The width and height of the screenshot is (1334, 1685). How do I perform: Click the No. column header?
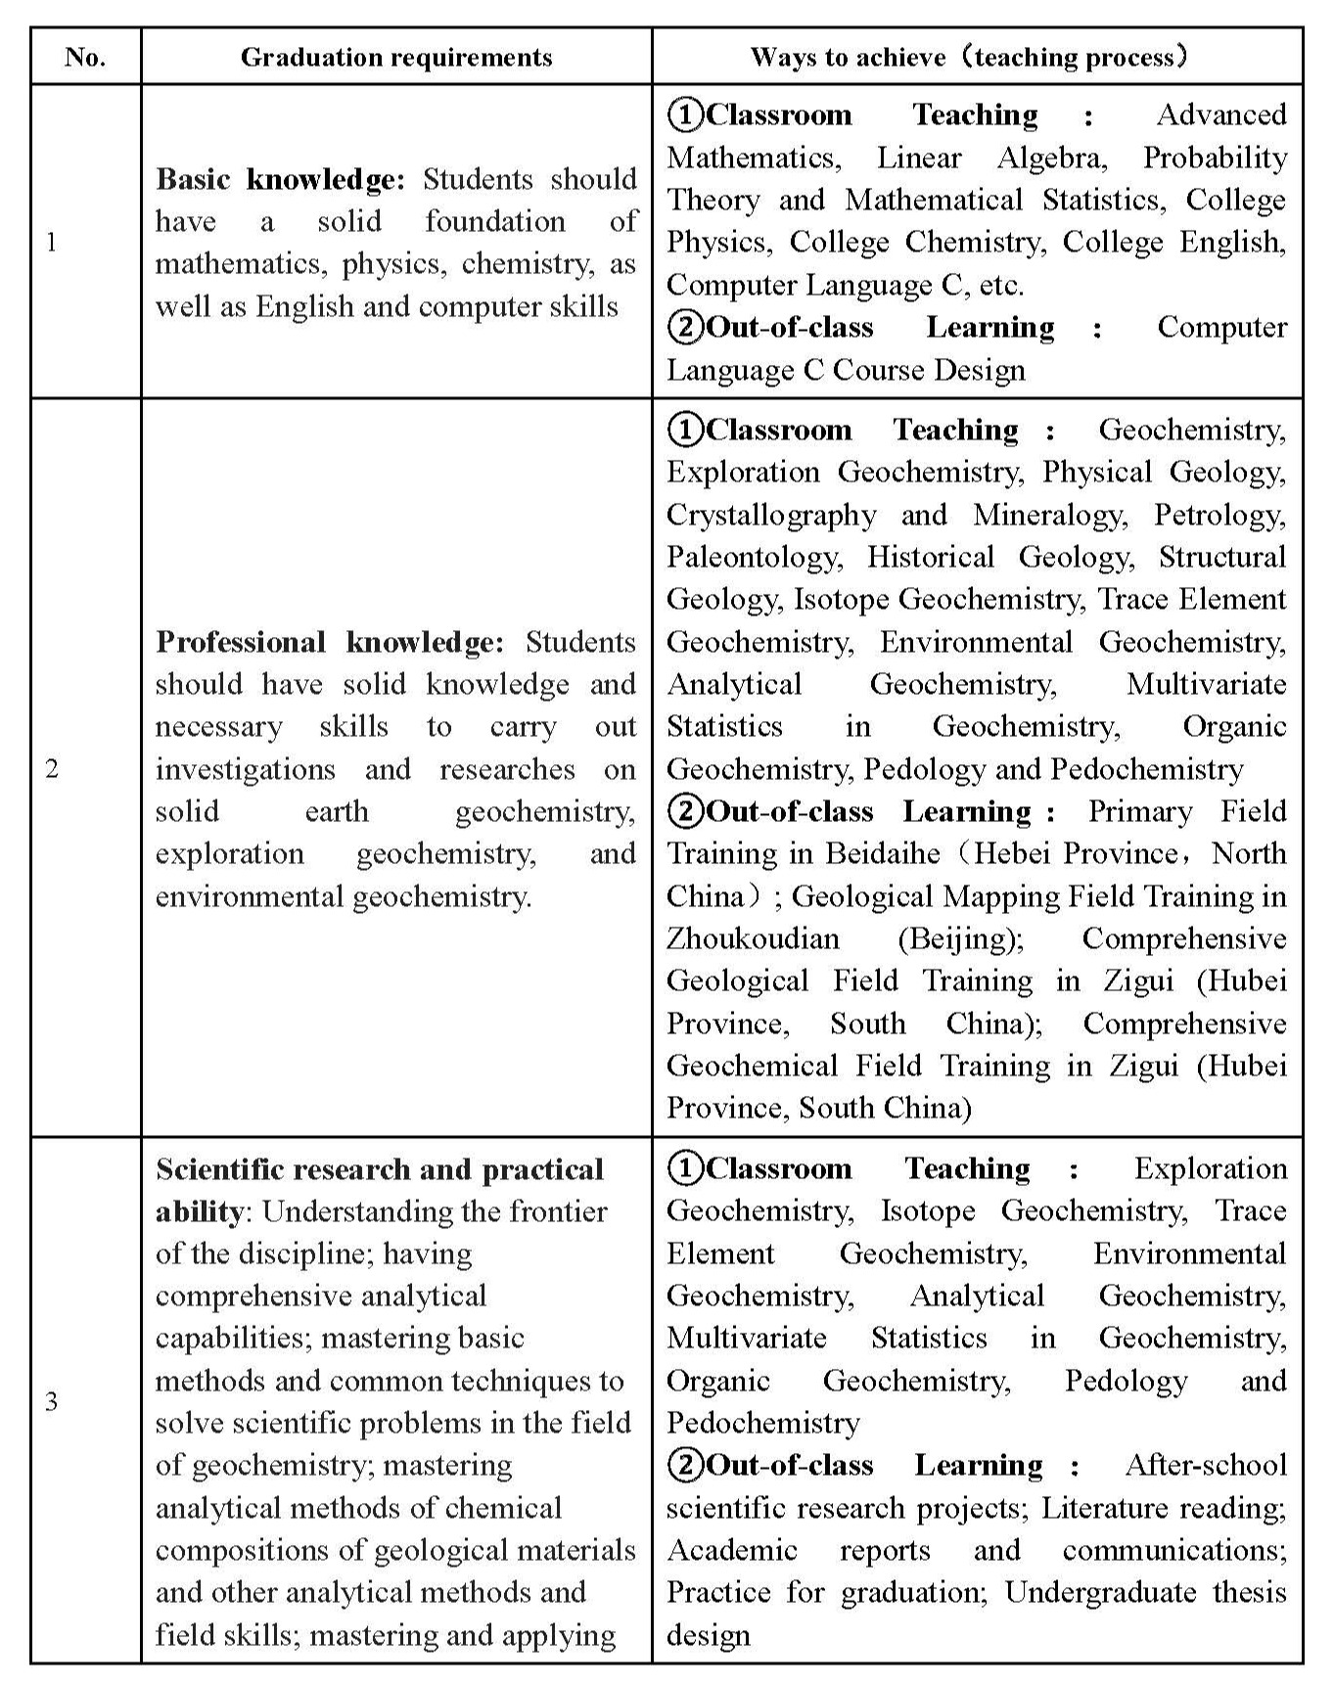85,57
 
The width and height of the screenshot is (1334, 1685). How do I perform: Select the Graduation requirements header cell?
396,57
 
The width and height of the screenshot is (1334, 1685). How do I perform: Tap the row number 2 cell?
52,768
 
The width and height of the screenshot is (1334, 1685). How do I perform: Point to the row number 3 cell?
52,1401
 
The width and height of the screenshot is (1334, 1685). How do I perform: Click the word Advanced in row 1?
1221,114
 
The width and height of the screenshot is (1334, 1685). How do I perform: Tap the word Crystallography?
771,515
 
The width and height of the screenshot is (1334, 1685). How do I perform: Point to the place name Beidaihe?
882,853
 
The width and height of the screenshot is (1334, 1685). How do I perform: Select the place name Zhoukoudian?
753,938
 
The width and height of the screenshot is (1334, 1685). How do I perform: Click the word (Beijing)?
960,938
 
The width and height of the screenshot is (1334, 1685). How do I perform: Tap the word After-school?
1206,1465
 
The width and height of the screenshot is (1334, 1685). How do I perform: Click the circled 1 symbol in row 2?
685,429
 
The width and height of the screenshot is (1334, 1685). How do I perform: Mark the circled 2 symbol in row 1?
685,327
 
